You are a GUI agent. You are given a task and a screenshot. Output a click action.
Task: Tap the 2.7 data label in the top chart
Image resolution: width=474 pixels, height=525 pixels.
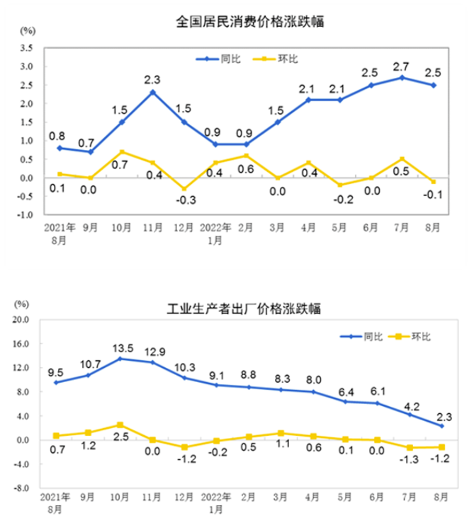[x=401, y=67]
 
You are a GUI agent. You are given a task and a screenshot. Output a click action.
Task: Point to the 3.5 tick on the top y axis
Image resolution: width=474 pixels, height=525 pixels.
[x=27, y=48]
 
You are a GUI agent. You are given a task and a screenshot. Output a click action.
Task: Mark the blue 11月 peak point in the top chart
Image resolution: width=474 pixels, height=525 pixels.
[x=153, y=92]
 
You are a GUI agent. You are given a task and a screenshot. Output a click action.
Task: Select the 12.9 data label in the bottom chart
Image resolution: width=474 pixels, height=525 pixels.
[x=153, y=351]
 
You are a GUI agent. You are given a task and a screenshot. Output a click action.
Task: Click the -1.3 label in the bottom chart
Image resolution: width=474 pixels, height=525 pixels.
[x=411, y=460]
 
